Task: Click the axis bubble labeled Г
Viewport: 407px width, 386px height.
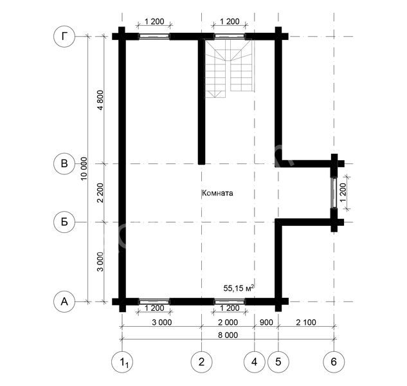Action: click(x=64, y=37)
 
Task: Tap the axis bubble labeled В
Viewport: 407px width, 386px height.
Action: click(x=64, y=163)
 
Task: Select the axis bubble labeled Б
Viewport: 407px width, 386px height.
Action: click(x=64, y=222)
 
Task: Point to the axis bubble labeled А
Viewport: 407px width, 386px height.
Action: click(x=64, y=302)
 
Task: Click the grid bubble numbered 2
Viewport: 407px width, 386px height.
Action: click(x=201, y=362)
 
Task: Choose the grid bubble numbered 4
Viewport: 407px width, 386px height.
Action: click(x=255, y=362)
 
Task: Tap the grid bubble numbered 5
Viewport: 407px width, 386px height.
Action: click(x=278, y=362)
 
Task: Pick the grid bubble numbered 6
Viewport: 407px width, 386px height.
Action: click(x=334, y=362)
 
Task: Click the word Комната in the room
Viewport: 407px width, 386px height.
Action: click(x=217, y=193)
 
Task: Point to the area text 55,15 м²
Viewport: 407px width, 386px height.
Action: click(x=239, y=288)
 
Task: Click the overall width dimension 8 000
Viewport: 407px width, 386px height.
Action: click(x=228, y=335)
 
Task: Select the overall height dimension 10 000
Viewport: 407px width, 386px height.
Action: click(x=84, y=169)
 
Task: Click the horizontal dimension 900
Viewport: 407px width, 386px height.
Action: click(x=266, y=322)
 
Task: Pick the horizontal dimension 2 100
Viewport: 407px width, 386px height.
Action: click(x=306, y=322)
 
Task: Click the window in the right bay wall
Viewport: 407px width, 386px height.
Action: click(x=334, y=193)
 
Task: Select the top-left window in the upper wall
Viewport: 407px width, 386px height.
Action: click(x=155, y=37)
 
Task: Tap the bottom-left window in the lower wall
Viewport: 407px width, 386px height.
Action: click(x=155, y=302)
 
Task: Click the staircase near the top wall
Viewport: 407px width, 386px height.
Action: click(x=230, y=68)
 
